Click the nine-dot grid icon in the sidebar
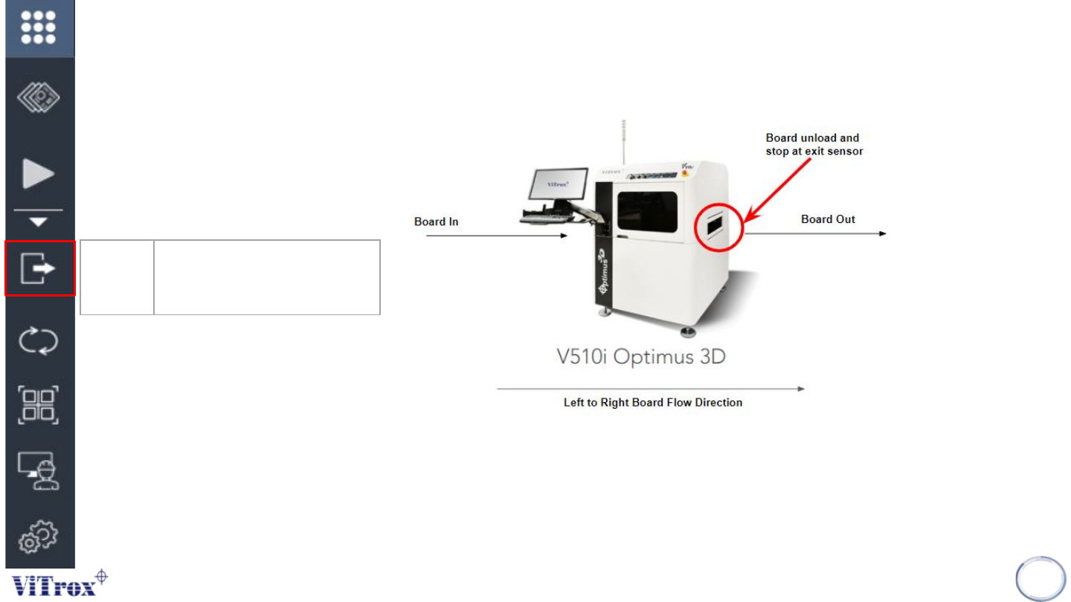click(x=39, y=28)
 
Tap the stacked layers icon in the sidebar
click(x=39, y=97)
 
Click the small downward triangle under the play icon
click(x=39, y=221)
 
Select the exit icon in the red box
click(x=39, y=268)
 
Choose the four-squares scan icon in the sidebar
click(x=39, y=405)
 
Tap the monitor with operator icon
click(x=39, y=470)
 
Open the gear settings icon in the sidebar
click(x=39, y=536)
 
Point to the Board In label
click(x=436, y=221)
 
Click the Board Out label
click(x=828, y=219)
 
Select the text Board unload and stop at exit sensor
click(x=814, y=144)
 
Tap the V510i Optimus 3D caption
click(x=641, y=357)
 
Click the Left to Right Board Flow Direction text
click(x=652, y=403)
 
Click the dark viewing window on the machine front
click(x=646, y=210)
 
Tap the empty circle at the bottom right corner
click(x=1041, y=579)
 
